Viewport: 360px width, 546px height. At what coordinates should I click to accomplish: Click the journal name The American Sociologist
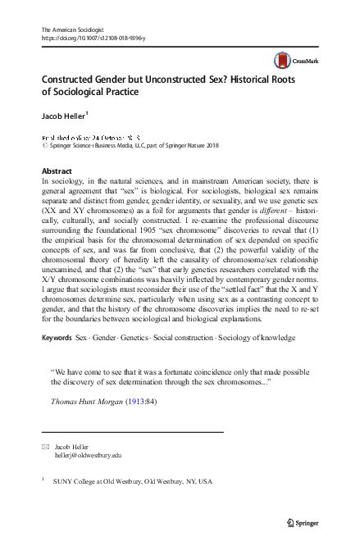click(x=68, y=29)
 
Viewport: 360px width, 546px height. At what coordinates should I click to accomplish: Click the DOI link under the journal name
click(x=86, y=37)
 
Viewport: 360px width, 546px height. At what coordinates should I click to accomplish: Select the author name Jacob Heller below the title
click(x=63, y=114)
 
